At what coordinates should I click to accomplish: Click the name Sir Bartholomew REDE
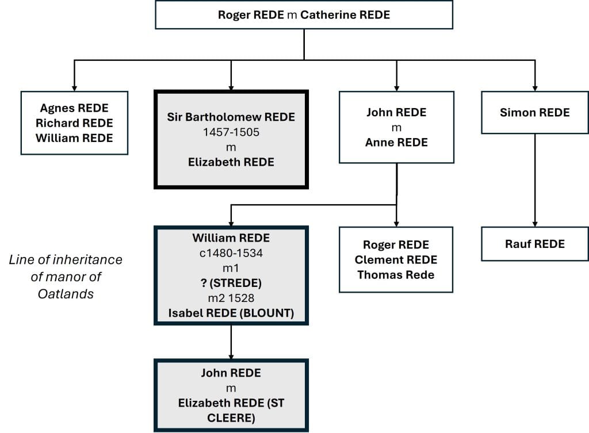pyautogui.click(x=231, y=117)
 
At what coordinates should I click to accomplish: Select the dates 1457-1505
pyautogui.click(x=231, y=132)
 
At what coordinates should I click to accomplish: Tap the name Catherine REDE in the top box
pyautogui.click(x=345, y=15)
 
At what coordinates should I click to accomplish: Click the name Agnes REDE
pyautogui.click(x=74, y=108)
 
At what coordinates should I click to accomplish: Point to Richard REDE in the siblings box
pyautogui.click(x=74, y=123)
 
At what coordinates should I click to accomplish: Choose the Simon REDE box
pyautogui.click(x=534, y=113)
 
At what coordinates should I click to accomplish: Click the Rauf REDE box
pyautogui.click(x=534, y=244)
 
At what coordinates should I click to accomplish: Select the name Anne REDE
pyautogui.click(x=396, y=143)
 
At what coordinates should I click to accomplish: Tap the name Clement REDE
pyautogui.click(x=396, y=260)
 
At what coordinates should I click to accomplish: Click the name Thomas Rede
pyautogui.click(x=396, y=275)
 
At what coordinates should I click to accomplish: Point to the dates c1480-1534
pyautogui.click(x=231, y=253)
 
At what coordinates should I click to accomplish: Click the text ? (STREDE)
pyautogui.click(x=231, y=283)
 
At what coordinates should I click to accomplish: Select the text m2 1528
pyautogui.click(x=231, y=298)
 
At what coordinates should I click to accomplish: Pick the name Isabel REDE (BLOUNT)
pyautogui.click(x=231, y=313)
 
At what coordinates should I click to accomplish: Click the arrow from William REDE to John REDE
pyautogui.click(x=231, y=342)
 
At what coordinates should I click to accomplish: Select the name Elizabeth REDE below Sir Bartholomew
pyautogui.click(x=231, y=162)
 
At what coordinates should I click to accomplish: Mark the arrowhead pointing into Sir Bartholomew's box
pyautogui.click(x=231, y=86)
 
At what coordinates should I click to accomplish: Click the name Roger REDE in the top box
pyautogui.click(x=251, y=15)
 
